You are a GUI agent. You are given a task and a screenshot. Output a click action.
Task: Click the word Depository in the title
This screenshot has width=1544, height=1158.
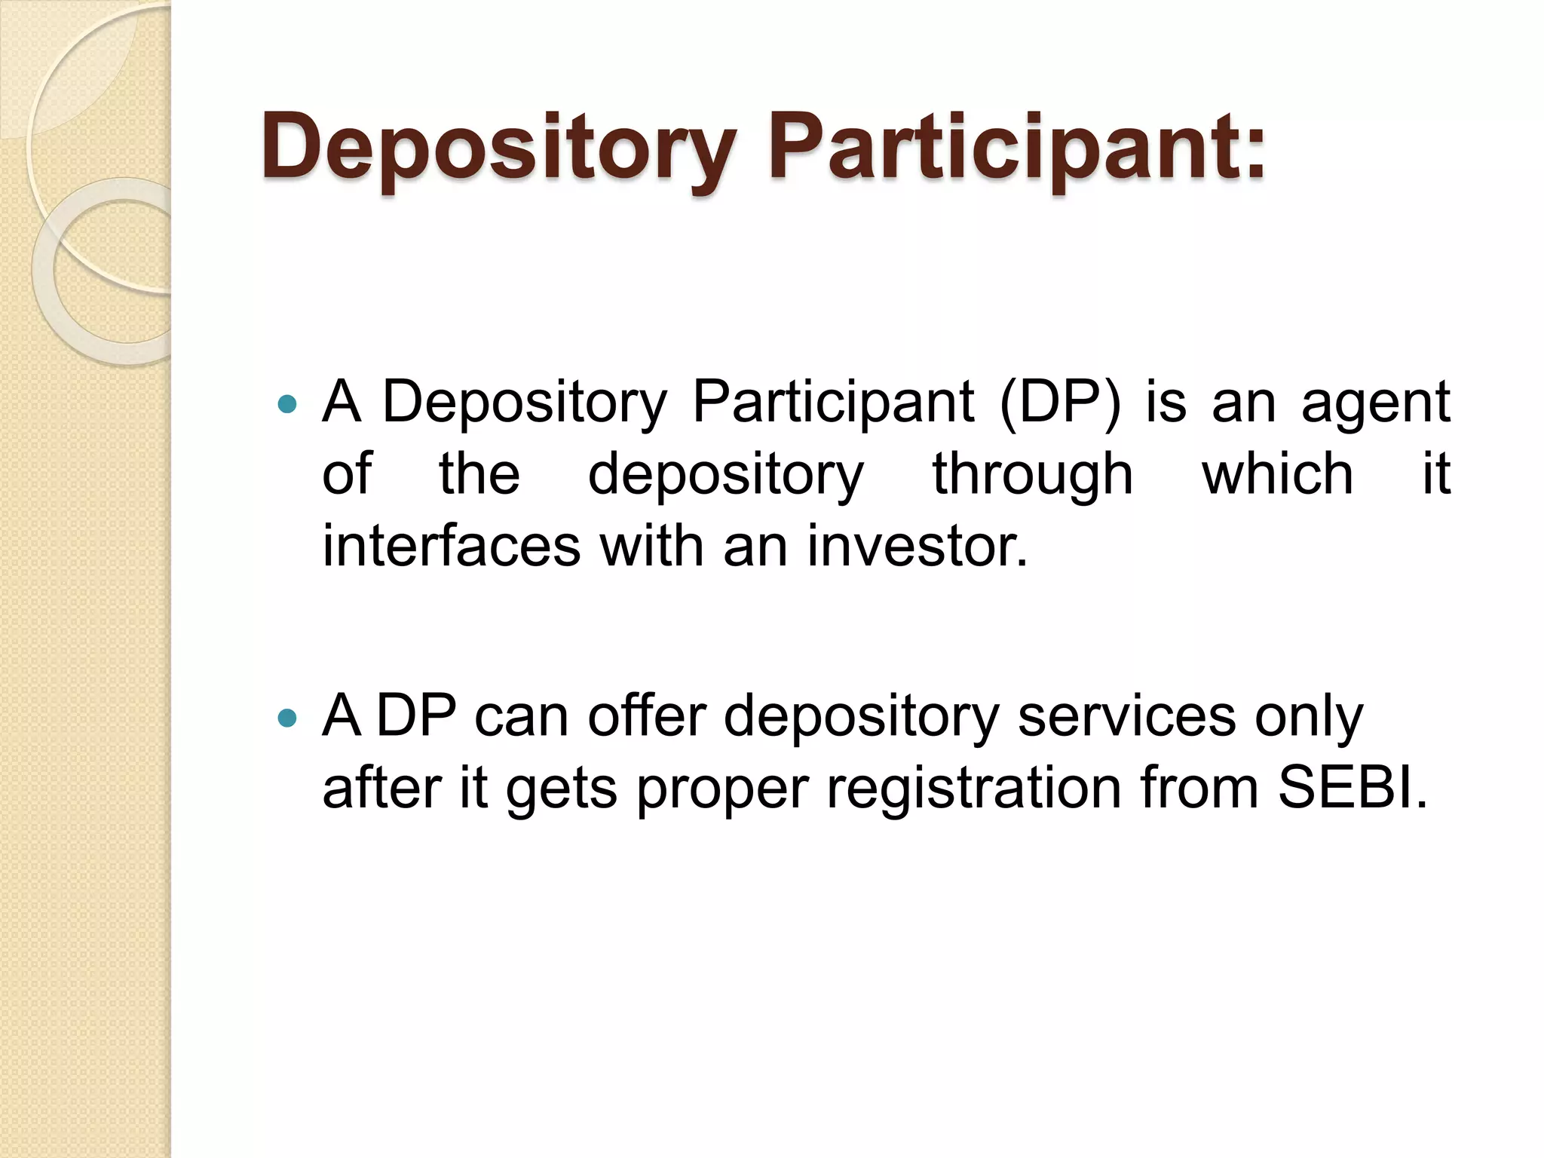point(498,147)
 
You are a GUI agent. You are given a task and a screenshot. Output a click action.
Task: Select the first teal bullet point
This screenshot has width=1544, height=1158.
point(287,405)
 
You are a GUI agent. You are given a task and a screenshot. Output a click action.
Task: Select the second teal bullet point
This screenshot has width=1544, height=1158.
point(287,718)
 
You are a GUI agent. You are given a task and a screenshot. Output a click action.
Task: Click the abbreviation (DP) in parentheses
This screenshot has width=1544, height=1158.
point(1060,403)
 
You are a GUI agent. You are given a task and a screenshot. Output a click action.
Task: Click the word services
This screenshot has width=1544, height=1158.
point(1126,716)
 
